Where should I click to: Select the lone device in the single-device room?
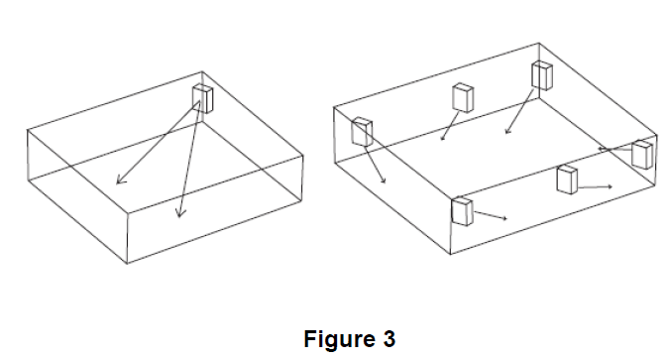coord(202,98)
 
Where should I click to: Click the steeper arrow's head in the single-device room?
coord(180,212)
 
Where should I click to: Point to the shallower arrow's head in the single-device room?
coord(121,180)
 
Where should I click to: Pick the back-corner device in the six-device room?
coord(542,75)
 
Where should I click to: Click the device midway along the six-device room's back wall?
coord(463,98)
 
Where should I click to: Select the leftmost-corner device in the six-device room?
coord(362,132)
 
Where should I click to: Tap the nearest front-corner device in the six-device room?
coord(462,212)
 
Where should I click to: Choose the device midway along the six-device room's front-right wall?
coord(567,180)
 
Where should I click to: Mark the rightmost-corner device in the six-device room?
coord(642,155)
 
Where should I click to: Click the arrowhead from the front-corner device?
coord(505,218)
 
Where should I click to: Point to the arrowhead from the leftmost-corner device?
coord(384,181)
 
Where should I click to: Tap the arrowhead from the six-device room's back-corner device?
coord(506,132)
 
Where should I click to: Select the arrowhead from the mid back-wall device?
coord(442,138)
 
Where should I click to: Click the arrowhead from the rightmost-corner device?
coord(601,149)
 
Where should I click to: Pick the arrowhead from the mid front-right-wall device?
coord(611,186)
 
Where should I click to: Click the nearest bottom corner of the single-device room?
coord(128,263)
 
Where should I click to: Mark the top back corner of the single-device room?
coord(202,71)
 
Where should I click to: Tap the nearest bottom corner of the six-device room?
coord(451,254)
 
